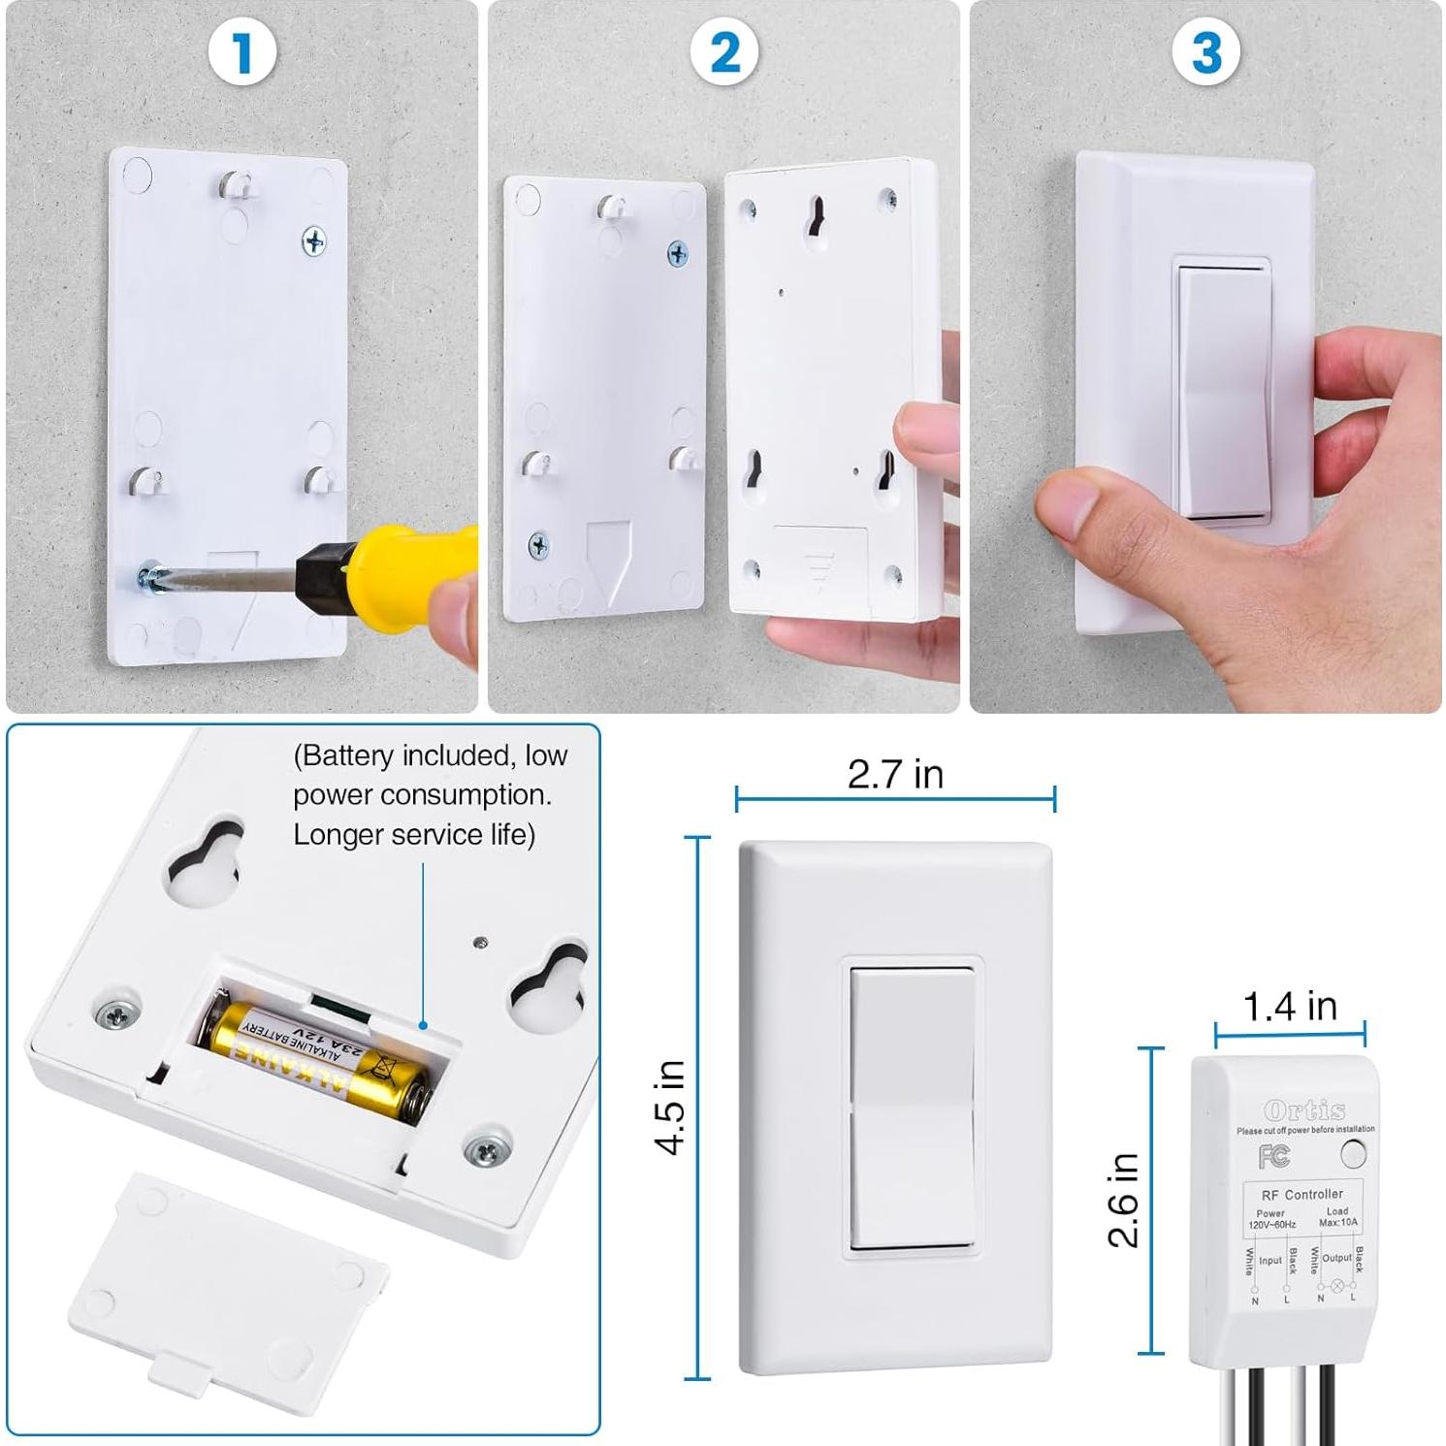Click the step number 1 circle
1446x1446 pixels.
[242, 52]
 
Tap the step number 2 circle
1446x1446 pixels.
[724, 52]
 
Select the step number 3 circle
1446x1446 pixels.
[1205, 52]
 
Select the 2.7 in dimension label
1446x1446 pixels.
[895, 774]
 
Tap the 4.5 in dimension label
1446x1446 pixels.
[671, 1107]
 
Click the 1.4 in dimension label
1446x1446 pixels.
[1290, 1007]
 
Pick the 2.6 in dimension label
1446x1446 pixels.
[1123, 1200]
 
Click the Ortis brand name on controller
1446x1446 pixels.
[1304, 1110]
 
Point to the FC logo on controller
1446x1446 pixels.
[1273, 1155]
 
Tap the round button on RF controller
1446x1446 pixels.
[1352, 1153]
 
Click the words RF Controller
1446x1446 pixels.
[1301, 1194]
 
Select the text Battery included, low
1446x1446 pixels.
[431, 755]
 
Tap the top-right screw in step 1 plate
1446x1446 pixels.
[313, 241]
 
